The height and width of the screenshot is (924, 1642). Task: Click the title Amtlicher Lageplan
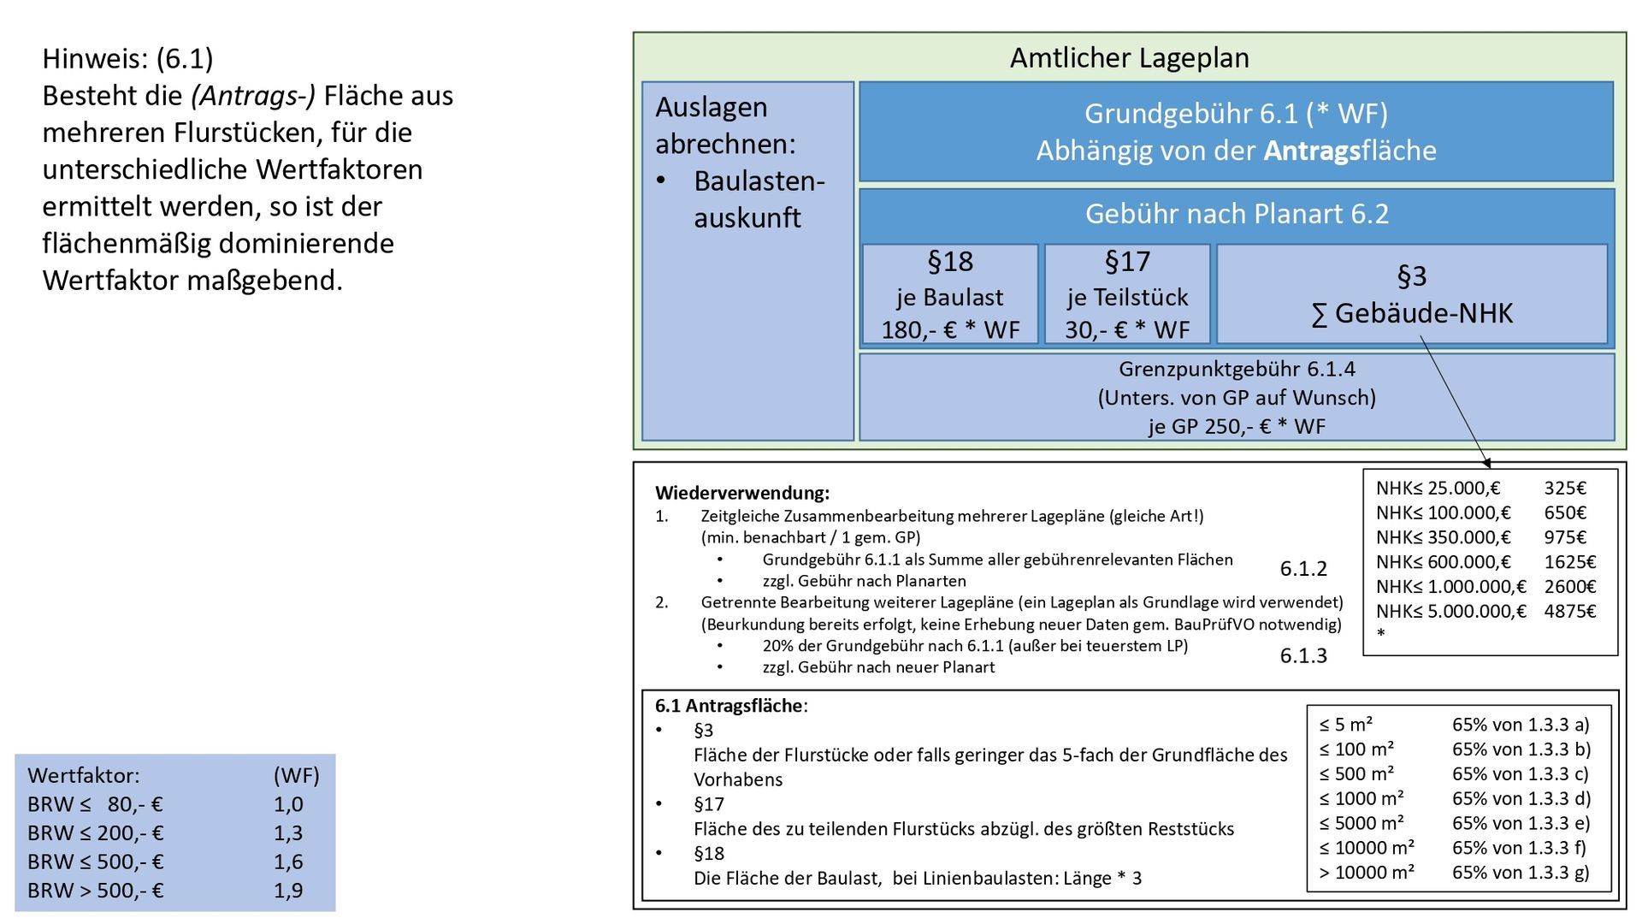click(x=1129, y=58)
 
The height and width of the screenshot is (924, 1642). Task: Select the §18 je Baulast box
click(x=950, y=295)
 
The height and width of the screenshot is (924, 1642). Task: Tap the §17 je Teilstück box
click(x=1127, y=295)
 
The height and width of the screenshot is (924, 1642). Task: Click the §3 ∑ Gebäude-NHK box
click(x=1411, y=295)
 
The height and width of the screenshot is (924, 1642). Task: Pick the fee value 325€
click(x=1565, y=489)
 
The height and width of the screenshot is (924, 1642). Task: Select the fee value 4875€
click(x=1569, y=612)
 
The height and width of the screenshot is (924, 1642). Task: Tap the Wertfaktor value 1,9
click(x=288, y=891)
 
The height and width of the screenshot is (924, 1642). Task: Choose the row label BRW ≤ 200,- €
click(x=95, y=833)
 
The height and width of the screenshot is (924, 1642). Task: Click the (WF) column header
click(x=296, y=776)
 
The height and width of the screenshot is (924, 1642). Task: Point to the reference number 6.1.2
click(x=1303, y=569)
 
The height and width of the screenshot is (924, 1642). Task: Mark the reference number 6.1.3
click(x=1303, y=656)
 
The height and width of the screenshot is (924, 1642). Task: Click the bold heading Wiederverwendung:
click(x=741, y=493)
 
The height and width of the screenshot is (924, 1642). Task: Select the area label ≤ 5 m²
click(x=1345, y=725)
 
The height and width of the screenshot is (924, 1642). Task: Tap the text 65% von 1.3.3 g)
click(x=1521, y=873)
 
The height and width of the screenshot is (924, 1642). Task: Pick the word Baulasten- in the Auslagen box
click(x=759, y=181)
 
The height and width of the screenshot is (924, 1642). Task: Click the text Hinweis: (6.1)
click(x=127, y=59)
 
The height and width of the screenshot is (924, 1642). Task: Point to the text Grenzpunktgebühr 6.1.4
click(x=1237, y=370)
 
